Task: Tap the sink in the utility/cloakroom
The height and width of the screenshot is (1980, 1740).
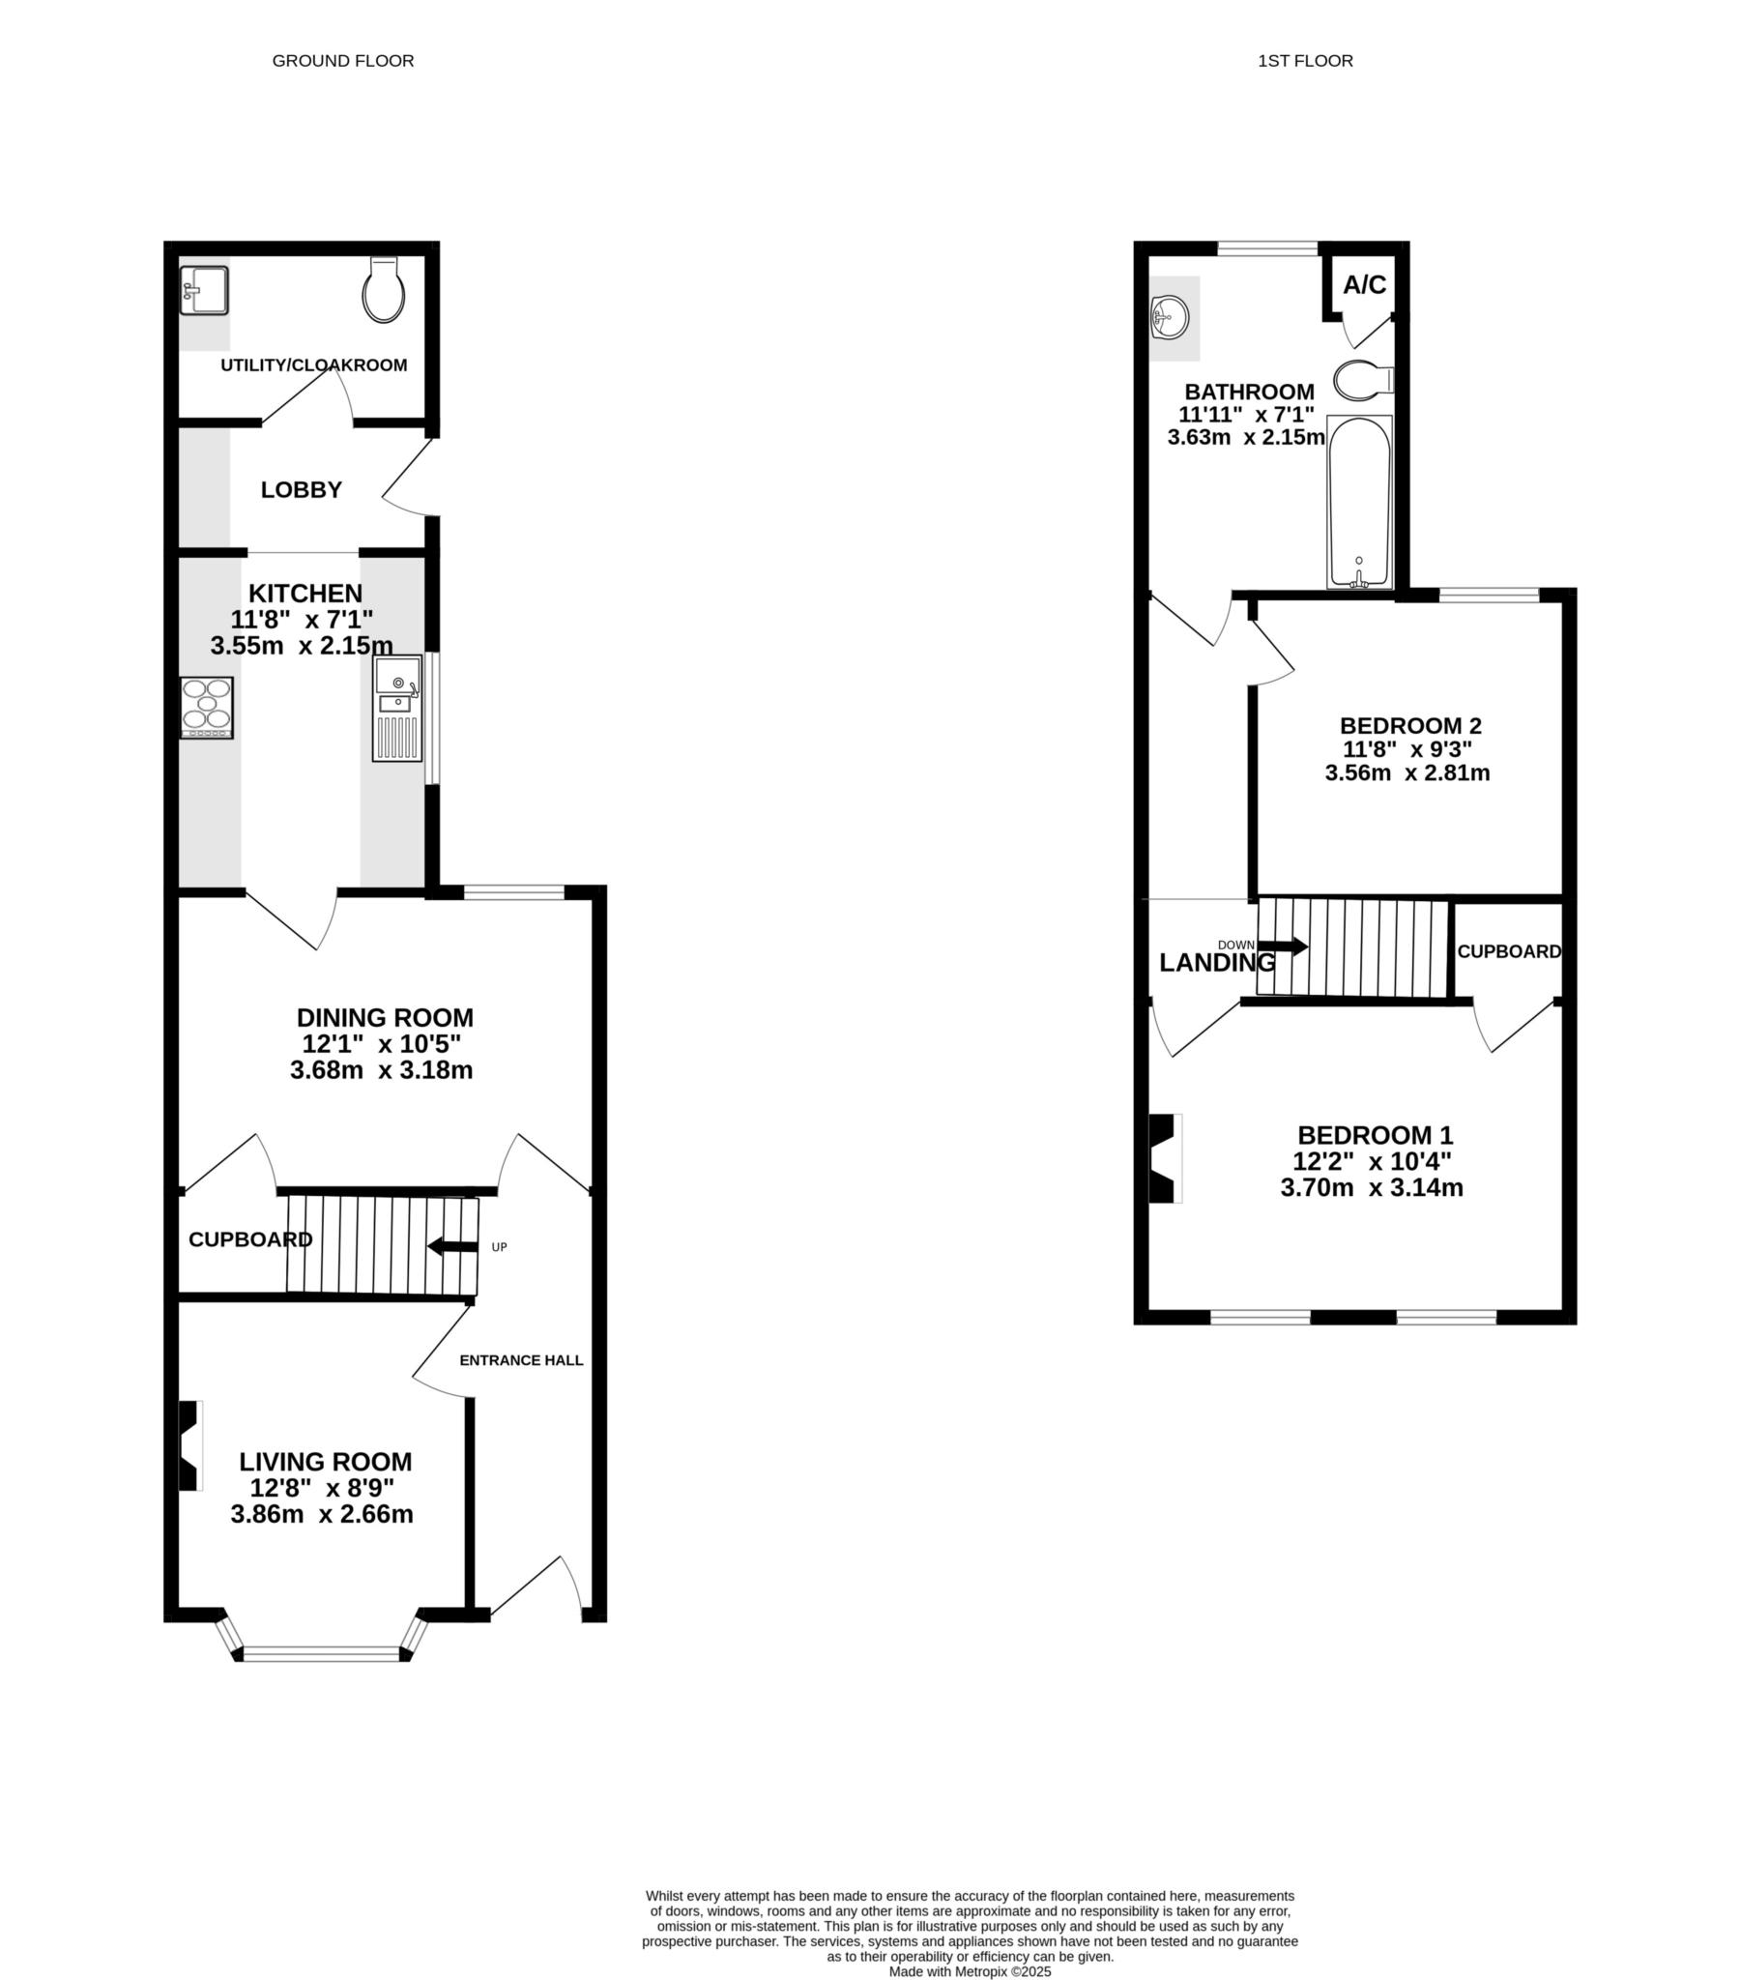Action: tap(204, 291)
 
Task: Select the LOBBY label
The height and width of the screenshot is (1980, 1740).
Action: tap(302, 490)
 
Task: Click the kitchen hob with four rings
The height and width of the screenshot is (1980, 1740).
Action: tap(207, 707)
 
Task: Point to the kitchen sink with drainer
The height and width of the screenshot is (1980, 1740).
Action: tap(398, 708)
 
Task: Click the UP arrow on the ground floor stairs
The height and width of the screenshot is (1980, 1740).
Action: tap(453, 1247)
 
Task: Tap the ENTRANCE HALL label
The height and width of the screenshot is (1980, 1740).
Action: tap(521, 1360)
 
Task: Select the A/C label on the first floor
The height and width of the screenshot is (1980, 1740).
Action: tap(1364, 285)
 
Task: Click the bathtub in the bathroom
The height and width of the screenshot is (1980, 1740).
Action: tap(1359, 502)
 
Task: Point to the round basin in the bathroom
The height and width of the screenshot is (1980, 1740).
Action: tap(1172, 317)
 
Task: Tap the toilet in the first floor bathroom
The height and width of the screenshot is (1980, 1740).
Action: tap(1361, 381)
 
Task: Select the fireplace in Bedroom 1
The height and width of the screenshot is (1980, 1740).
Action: tap(1164, 1158)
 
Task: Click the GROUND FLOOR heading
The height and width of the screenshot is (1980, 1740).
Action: tap(343, 61)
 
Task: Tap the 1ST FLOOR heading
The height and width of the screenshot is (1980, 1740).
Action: tap(1305, 61)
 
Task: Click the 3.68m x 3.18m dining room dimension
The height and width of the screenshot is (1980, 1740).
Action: tap(382, 1070)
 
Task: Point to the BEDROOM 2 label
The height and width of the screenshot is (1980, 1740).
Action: tap(1410, 725)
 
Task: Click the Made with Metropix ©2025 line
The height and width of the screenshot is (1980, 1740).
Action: tap(970, 1971)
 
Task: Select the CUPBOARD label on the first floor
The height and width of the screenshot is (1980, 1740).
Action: tap(1508, 952)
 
